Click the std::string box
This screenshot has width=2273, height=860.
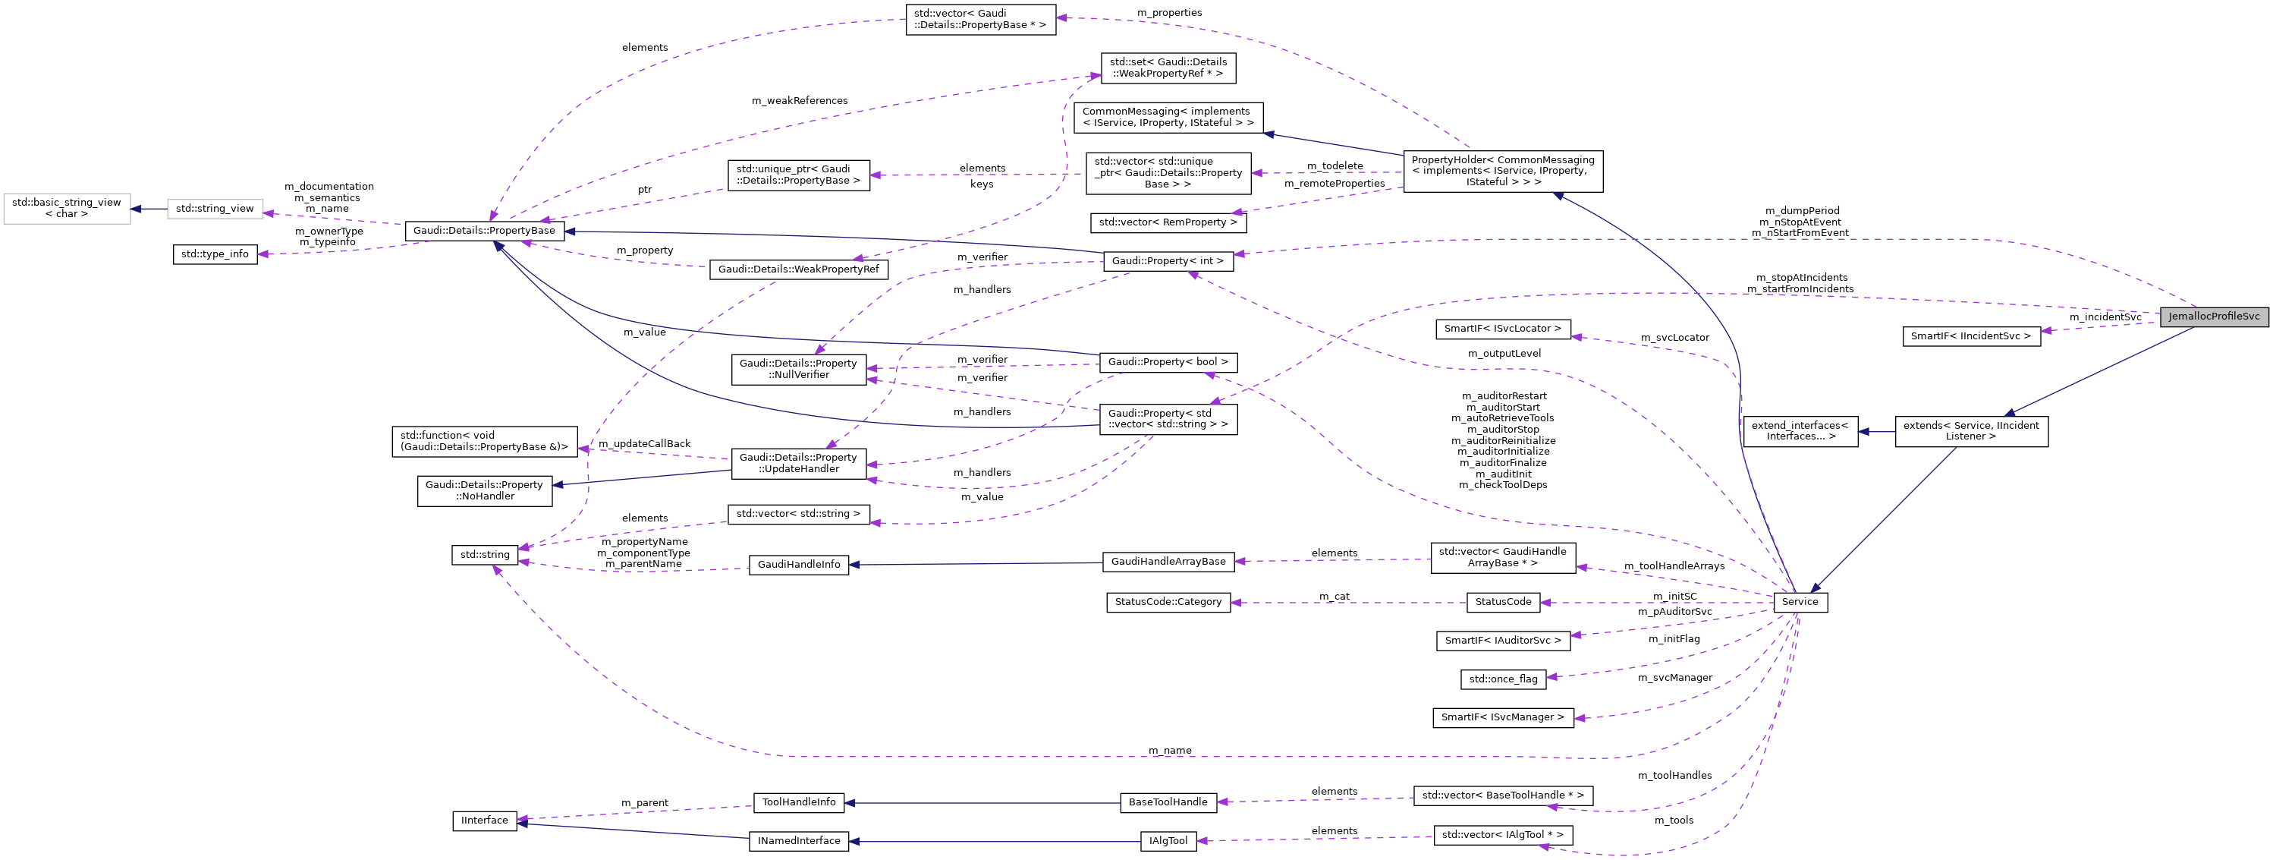[x=485, y=556]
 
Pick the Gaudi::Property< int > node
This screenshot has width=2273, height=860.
[x=1168, y=261]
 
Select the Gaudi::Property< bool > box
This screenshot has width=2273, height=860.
[x=1168, y=362]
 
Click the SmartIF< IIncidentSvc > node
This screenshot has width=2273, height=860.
[x=1970, y=336]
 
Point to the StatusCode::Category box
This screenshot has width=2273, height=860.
[x=1168, y=602]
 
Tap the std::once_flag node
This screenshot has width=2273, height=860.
[x=1502, y=679]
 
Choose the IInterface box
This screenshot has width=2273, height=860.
[x=485, y=821]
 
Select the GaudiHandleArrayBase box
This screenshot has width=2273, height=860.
[x=1168, y=562]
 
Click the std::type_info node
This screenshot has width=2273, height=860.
[x=215, y=254]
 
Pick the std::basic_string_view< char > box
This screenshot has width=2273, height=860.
[x=66, y=209]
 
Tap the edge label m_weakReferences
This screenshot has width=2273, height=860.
[x=799, y=101]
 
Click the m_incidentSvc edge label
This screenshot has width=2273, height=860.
[x=2105, y=317]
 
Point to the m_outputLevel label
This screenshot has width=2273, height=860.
[x=1504, y=353]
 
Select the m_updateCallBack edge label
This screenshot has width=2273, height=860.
[x=644, y=444]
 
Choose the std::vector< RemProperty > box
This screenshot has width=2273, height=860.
[x=1168, y=222]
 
